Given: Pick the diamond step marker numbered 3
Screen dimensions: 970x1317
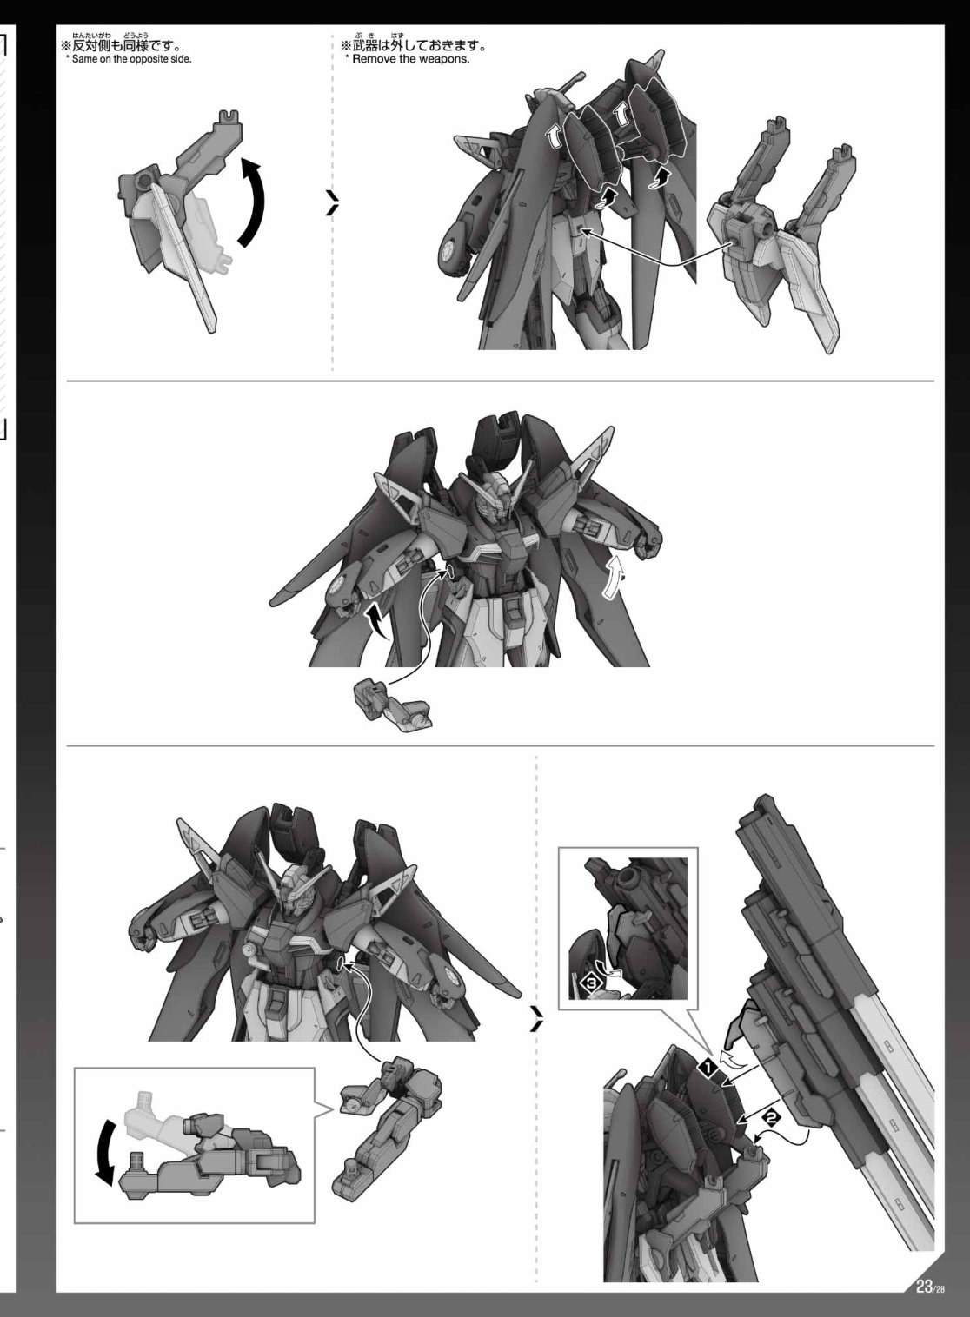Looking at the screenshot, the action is pyautogui.click(x=592, y=982).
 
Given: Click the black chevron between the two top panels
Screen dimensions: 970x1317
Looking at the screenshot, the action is pyautogui.click(x=333, y=202).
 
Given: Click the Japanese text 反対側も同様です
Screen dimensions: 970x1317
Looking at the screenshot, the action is pyautogui.click(x=124, y=45).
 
